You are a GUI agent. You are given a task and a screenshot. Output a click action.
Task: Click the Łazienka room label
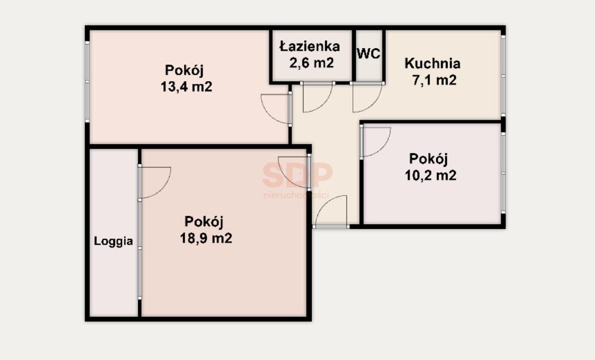[309, 46]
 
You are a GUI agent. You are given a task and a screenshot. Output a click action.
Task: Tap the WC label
[369, 54]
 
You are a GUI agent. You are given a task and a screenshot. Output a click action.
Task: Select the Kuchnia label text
[433, 63]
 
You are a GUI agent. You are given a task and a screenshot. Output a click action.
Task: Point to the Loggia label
[114, 241]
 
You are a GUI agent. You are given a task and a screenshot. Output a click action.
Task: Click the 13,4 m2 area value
[187, 87]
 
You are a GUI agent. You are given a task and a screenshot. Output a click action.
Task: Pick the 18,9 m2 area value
[206, 238]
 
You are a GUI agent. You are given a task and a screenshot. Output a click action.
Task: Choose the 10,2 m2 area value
[431, 176]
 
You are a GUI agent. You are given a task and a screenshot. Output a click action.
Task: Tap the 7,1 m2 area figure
[434, 80]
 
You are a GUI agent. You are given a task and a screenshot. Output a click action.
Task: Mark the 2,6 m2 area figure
[311, 62]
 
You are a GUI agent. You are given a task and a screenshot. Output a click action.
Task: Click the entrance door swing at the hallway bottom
[331, 211]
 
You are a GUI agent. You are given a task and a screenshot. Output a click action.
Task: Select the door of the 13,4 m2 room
[276, 109]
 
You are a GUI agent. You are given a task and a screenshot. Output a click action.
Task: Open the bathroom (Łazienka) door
[317, 97]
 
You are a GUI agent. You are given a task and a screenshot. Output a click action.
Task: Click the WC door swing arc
[367, 97]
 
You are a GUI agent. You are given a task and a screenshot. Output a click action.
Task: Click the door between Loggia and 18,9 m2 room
[155, 182]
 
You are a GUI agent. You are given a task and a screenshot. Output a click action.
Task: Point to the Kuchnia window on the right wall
[503, 76]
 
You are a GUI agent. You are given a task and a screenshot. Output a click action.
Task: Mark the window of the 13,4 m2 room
[87, 82]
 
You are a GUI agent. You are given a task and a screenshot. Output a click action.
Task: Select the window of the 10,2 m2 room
[503, 173]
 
